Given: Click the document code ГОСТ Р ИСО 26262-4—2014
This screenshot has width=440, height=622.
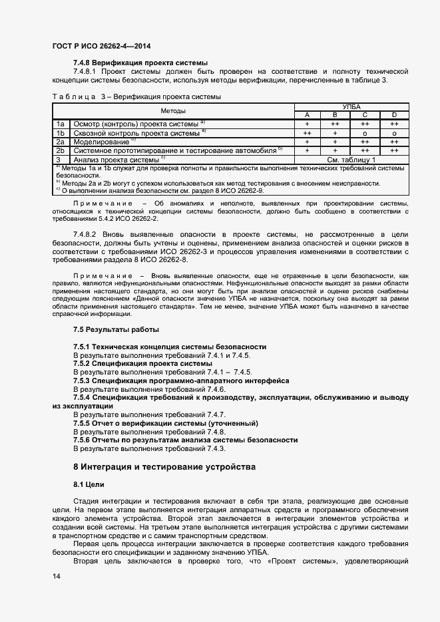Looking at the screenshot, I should point(101,46).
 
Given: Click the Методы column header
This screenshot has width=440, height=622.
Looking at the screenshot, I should point(173,111).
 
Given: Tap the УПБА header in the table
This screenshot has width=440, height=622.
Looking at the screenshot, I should point(351,106).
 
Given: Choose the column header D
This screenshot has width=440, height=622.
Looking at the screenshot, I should point(394,115).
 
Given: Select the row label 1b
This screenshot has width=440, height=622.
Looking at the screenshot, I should point(60,132).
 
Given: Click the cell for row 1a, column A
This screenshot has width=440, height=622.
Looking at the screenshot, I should point(308,124).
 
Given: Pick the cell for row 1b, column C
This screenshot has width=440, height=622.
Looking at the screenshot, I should point(365,132).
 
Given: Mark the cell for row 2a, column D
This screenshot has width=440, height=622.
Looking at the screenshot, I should point(394,142).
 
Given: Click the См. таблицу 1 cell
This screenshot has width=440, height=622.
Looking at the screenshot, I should point(351,160).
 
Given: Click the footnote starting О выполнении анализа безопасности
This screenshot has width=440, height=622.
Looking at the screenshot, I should point(160,190).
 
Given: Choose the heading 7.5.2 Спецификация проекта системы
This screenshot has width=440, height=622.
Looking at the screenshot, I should point(142,364).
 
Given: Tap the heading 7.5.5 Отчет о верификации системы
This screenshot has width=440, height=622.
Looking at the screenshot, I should point(165,424).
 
